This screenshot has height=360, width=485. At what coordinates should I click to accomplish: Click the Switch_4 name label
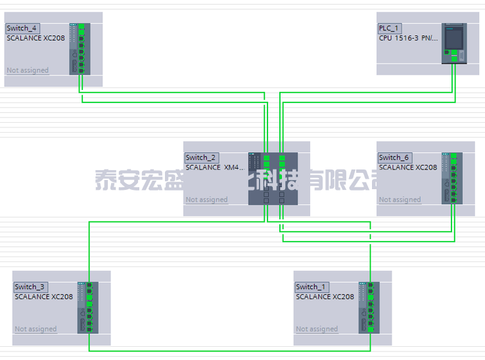pos(22,28)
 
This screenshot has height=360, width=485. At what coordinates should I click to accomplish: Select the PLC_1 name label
pos(389,28)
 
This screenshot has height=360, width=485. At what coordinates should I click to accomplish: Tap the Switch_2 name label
pos(201,158)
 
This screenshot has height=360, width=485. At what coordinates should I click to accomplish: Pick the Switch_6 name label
pos(394,158)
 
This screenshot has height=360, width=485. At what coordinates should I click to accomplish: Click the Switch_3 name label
pos(30,287)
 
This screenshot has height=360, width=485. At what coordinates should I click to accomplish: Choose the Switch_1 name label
pos(311,287)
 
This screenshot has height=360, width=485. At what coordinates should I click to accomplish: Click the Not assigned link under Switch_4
pos(28,70)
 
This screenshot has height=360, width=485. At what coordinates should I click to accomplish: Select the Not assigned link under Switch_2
pos(206,200)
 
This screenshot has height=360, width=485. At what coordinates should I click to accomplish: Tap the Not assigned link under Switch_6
pos(400,200)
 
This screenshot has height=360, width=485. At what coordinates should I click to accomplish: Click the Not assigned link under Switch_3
pos(35,329)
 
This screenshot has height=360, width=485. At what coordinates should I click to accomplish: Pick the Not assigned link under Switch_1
pos(317,329)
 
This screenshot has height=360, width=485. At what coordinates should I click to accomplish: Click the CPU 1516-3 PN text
pos(408,38)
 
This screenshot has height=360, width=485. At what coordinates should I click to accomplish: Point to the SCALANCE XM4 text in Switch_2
pos(214,168)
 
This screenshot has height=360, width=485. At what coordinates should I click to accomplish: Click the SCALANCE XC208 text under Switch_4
pos(35,38)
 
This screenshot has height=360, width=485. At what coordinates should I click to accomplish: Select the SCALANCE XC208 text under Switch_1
pos(325,297)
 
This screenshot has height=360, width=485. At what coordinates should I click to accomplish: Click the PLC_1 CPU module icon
pos(453,43)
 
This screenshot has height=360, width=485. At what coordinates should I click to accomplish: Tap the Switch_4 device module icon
pos(77,49)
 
